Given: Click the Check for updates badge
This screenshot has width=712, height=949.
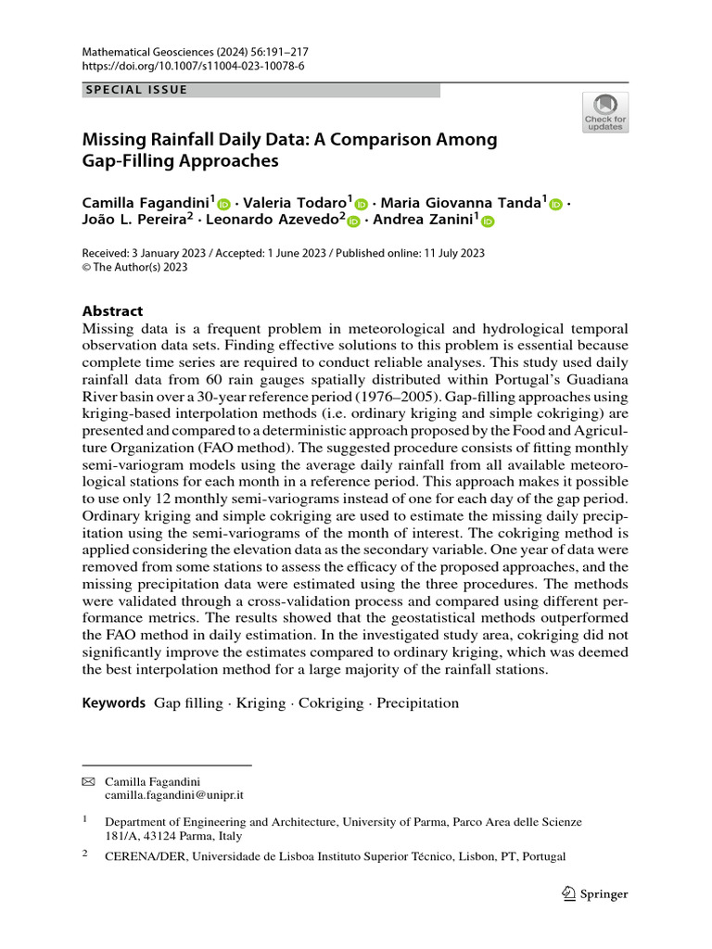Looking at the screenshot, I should coord(604,112).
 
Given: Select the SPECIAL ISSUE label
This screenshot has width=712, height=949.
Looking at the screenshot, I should coord(136,90).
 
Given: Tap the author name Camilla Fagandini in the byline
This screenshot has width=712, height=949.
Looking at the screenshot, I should coord(148,203).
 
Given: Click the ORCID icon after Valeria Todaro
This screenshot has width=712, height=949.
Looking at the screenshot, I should coord(362,205).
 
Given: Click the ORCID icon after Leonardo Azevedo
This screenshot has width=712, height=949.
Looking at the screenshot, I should coord(353,222).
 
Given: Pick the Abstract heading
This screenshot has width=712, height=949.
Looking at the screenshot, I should coord(113,311).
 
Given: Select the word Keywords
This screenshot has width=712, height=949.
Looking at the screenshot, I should coord(114,702).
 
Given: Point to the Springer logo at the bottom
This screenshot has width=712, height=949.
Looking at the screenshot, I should coord(595,894).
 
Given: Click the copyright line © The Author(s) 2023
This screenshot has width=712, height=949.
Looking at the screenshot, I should coord(135,268).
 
